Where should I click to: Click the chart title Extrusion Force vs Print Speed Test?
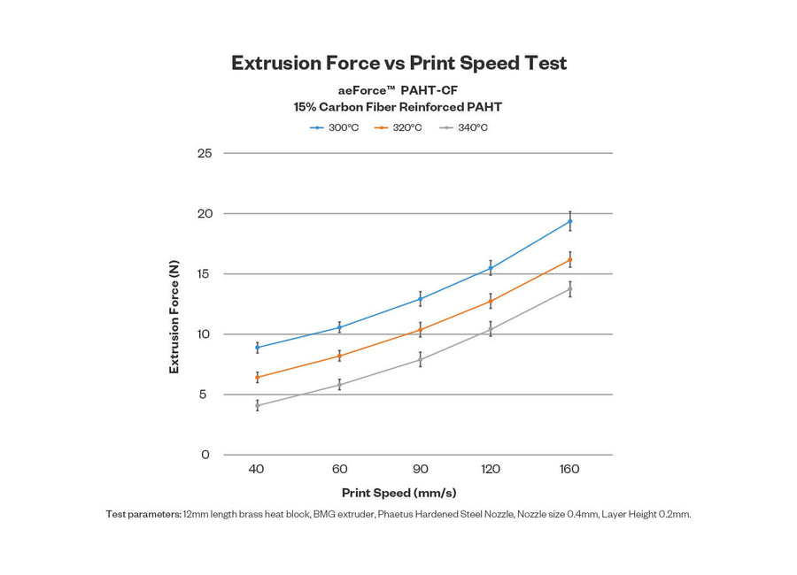coord(398,63)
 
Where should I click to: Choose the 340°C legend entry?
coord(463,127)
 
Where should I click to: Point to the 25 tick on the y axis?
coord(205,153)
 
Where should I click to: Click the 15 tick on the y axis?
coord(205,273)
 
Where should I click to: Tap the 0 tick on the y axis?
coord(205,455)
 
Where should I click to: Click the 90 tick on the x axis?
coord(421,469)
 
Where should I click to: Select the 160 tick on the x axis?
coord(569,469)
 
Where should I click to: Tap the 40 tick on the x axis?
coord(257,469)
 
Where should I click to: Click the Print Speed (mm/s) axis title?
coord(398,493)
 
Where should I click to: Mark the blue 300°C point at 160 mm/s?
coord(569,220)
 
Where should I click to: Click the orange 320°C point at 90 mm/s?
coord(421,330)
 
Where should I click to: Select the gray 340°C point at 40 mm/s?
coord(257,405)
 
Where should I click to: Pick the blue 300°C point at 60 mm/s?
coord(339,327)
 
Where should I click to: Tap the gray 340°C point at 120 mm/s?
coord(490,329)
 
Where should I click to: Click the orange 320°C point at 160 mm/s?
coord(569,259)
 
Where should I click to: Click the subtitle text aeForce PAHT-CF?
coord(398,90)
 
